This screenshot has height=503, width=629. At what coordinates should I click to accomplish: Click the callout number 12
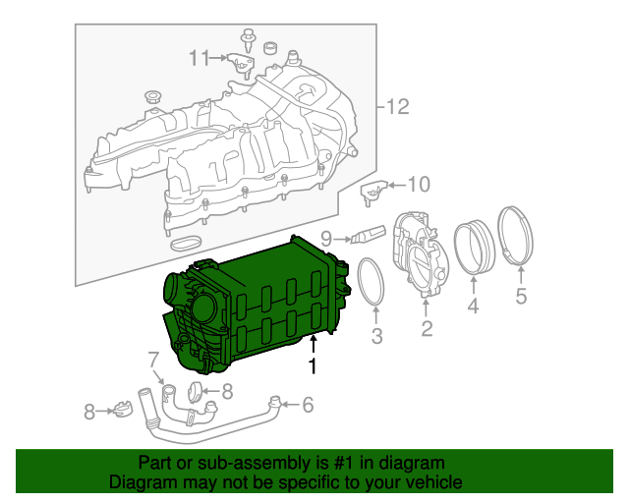[396, 107]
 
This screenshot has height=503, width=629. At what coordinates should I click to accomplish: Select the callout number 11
[200, 58]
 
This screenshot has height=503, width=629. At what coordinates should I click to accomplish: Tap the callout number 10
[419, 184]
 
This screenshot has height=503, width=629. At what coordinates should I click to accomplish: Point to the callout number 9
[326, 237]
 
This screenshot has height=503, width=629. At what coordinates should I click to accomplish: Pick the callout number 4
[473, 307]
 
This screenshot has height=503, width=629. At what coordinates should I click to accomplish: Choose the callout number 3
[376, 339]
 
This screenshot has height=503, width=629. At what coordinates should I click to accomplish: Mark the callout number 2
[427, 329]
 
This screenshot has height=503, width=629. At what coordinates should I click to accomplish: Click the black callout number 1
[314, 366]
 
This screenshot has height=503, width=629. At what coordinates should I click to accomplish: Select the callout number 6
[308, 404]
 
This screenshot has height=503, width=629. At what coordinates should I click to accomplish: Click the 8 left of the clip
[88, 413]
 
